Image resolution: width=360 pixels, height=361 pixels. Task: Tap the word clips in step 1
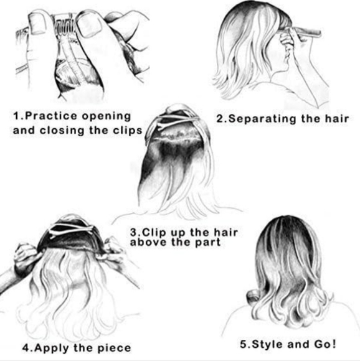[x=126, y=130]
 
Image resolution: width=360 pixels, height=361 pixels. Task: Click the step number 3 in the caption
[x=135, y=233]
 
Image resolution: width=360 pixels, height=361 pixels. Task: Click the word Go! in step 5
[x=324, y=344]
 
